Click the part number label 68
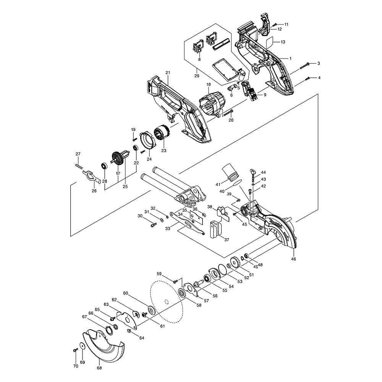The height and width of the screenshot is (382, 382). pos(99,369)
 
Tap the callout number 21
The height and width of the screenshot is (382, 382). pos(167,72)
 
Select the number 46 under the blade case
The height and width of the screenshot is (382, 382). pos(293,259)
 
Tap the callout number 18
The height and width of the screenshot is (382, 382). pos(209,84)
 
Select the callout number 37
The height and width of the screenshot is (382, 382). pos(227,240)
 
